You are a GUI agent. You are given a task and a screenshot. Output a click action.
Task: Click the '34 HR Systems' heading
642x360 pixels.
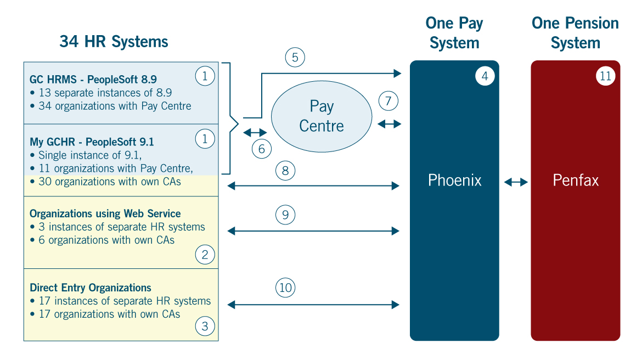(x=114, y=42)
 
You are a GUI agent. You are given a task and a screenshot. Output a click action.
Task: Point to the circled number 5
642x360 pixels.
(x=295, y=57)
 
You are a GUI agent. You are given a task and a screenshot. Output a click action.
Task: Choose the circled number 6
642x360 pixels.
(x=262, y=148)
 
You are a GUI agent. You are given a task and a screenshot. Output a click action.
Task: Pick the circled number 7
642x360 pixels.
(x=388, y=101)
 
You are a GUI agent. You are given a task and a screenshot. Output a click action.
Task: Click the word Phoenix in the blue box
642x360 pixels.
(x=454, y=180)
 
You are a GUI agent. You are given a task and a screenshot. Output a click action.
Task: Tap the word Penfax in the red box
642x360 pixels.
(x=575, y=180)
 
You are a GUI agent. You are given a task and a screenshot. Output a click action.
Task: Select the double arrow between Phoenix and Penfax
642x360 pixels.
(x=515, y=182)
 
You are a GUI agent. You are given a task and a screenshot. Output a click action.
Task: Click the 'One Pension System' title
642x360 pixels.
(x=575, y=33)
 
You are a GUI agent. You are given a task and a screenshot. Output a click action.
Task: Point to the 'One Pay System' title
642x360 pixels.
(x=454, y=33)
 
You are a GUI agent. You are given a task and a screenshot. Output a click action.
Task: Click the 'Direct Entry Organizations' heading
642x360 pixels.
(x=91, y=288)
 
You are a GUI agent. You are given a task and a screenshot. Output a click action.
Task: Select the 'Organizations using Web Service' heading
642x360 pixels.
(x=105, y=213)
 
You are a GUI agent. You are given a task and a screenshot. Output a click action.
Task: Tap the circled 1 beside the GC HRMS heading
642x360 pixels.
(x=205, y=76)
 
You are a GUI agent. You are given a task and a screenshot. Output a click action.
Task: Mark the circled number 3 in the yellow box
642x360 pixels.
(x=205, y=327)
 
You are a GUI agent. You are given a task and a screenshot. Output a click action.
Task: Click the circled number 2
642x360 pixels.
(x=205, y=254)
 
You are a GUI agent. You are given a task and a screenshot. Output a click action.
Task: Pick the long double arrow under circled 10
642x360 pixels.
(x=313, y=304)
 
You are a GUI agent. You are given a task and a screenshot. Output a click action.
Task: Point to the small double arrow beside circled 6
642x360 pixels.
(x=255, y=132)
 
